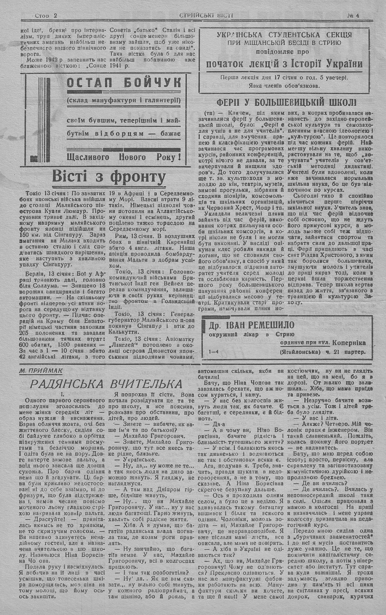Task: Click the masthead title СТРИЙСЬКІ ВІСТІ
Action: [x=207, y=16]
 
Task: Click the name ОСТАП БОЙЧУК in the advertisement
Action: [x=124, y=83]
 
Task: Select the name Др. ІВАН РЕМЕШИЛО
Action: [x=251, y=325]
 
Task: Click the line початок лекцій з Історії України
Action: [x=284, y=64]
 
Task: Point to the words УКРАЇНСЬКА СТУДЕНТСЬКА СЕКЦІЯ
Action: [x=284, y=34]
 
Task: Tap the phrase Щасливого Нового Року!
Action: [x=124, y=157]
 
